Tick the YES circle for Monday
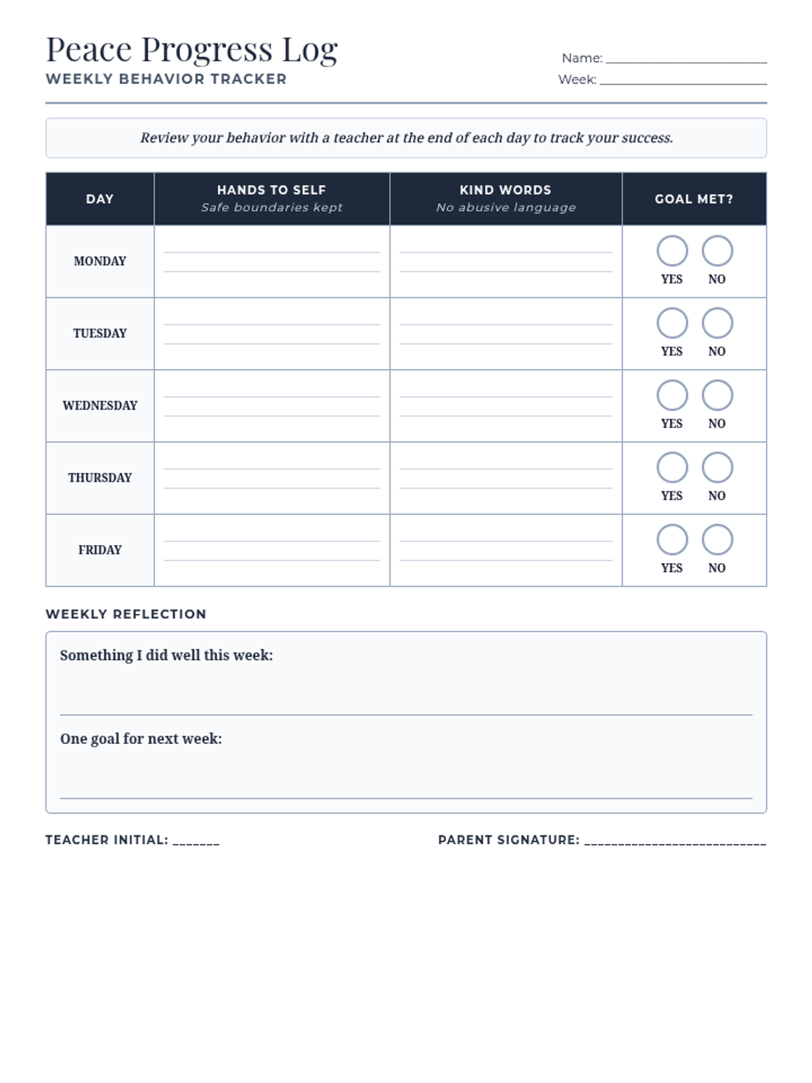pos(672,251)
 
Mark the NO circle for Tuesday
pos(717,324)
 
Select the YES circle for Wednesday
pos(672,395)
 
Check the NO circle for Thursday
pos(717,468)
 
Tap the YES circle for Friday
pos(672,540)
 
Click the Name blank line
pos(686,59)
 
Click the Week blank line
pos(683,81)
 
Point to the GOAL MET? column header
pos(694,199)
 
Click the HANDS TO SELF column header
pos(271,190)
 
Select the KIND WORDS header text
pos(505,190)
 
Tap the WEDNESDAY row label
pos(100,405)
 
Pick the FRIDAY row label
pos(100,550)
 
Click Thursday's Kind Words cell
pos(505,478)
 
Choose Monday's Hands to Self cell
pos(271,261)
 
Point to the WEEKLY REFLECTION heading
pos(126,614)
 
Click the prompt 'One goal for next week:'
pos(141,738)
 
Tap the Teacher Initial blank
pos(196,841)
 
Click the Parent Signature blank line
pos(675,841)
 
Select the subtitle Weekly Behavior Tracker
pos(166,79)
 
